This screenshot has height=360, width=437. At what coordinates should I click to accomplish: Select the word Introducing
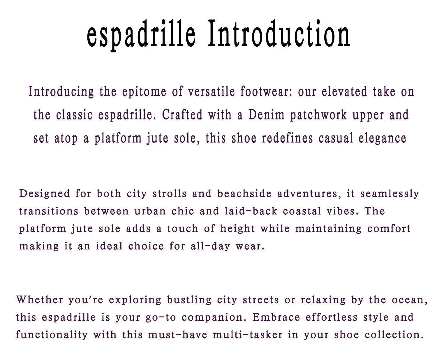61,92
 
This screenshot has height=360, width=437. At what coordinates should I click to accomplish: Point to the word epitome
144,92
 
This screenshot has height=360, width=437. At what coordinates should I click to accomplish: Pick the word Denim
267,115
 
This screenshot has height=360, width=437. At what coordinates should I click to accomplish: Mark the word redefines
288,138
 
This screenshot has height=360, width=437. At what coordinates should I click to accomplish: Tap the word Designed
45,194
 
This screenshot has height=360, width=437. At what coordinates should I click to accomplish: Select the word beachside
244,193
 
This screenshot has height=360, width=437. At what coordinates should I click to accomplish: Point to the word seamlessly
390,194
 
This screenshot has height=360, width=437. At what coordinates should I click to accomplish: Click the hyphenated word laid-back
251,211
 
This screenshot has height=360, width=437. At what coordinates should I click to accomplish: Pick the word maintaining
329,229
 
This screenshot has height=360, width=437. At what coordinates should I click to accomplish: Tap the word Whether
40,300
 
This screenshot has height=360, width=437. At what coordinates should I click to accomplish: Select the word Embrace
276,317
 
